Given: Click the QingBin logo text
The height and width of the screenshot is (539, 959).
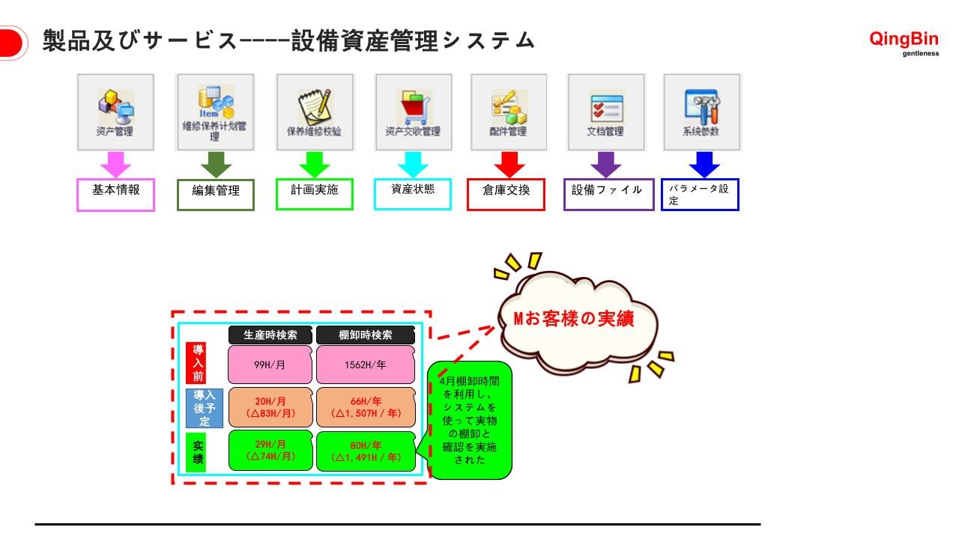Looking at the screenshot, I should [x=903, y=40].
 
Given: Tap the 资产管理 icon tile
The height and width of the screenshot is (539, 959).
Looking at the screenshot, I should [x=115, y=112].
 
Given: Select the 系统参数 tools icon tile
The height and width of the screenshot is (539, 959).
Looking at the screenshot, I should [x=702, y=112].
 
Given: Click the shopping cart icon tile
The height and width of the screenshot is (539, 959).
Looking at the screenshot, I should [x=413, y=112].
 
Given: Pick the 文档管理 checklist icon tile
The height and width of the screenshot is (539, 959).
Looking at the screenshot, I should [x=605, y=112].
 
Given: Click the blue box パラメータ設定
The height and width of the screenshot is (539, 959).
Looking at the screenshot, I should [x=700, y=195].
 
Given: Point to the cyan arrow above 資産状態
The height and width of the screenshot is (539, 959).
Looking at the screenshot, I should [x=413, y=164].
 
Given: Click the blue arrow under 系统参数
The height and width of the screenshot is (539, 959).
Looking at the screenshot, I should [x=704, y=164].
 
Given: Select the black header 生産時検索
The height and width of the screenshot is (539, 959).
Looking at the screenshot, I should [x=270, y=335].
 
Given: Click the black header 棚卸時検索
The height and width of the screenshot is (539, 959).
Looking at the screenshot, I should [x=365, y=335].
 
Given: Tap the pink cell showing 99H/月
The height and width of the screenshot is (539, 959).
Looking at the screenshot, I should [x=270, y=365].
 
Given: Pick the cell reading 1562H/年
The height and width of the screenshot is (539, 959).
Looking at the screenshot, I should [x=365, y=365].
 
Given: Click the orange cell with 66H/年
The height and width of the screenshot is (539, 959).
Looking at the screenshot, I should [x=366, y=407].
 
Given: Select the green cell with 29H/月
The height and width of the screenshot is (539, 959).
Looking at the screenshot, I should [x=270, y=451].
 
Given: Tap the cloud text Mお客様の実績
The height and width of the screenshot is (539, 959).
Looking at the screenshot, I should [x=574, y=319].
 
